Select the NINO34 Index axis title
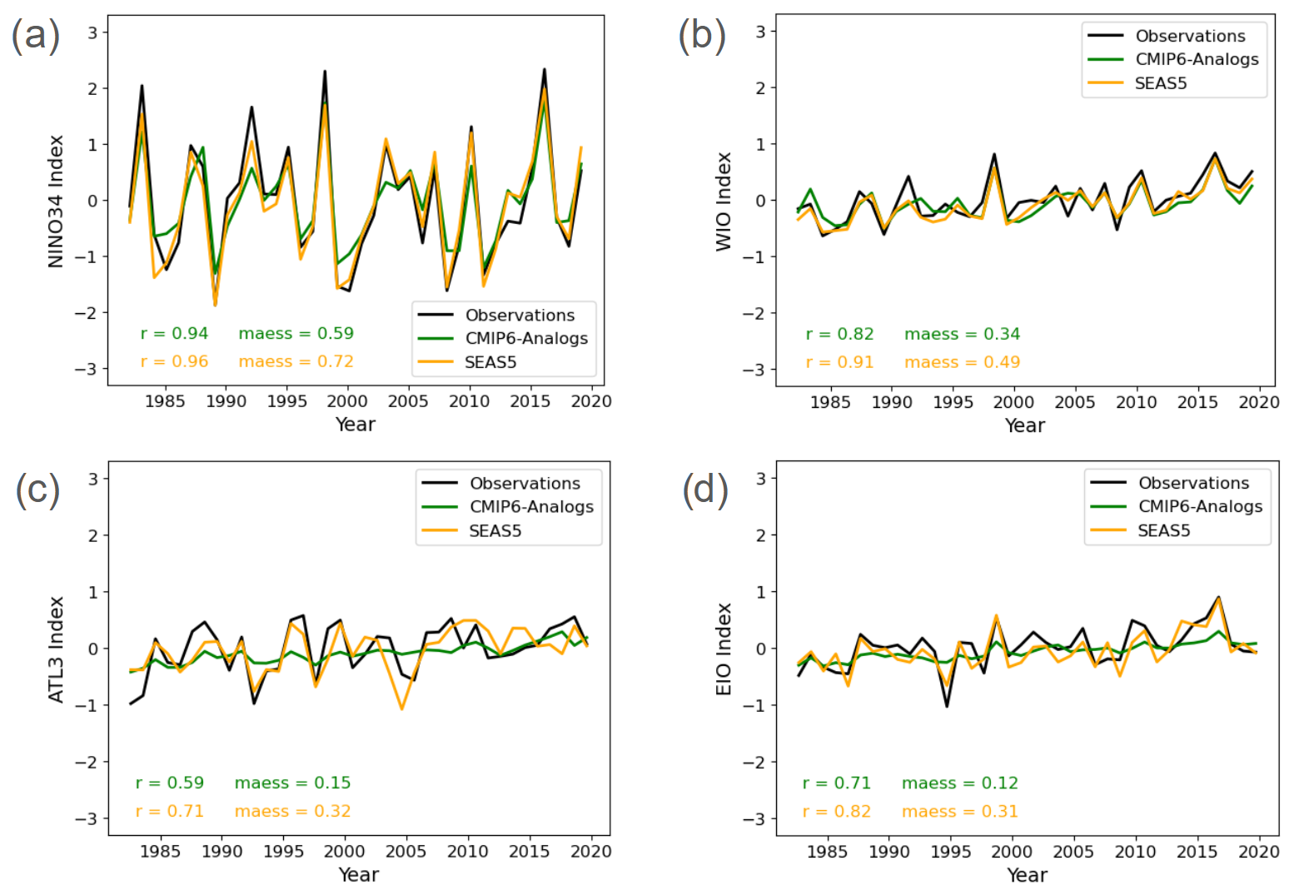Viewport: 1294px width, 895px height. pyautogui.click(x=56, y=201)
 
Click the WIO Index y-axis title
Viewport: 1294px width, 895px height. pyautogui.click(x=724, y=201)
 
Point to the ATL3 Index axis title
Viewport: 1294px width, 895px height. pyautogui.click(x=56, y=649)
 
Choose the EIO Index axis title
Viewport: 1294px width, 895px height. pyautogui.click(x=724, y=649)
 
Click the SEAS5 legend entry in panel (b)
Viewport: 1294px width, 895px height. pyautogui.click(x=1160, y=83)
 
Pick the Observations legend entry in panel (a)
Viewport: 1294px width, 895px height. pyautogui.click(x=520, y=315)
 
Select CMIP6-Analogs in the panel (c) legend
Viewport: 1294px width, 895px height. pyautogui.click(x=531, y=506)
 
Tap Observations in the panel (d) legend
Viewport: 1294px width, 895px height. pyautogui.click(x=1193, y=483)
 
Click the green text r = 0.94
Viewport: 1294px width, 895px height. pyautogui.click(x=174, y=333)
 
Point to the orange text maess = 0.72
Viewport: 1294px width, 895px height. pyautogui.click(x=296, y=361)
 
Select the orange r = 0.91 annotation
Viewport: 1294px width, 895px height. pyautogui.click(x=839, y=362)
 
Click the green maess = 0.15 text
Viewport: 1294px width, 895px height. pyautogui.click(x=292, y=783)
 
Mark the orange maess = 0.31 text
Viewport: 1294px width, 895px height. pyautogui.click(x=959, y=811)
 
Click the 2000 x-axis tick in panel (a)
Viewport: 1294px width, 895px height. pyautogui.click(x=347, y=401)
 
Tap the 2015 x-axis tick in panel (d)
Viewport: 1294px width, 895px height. pyautogui.click(x=1197, y=852)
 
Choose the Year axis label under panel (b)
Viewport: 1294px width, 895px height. pyautogui.click(x=1024, y=425)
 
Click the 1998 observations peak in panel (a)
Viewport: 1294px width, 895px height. pyautogui.click(x=325, y=72)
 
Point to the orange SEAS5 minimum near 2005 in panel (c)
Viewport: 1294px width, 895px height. pyautogui.click(x=402, y=709)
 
